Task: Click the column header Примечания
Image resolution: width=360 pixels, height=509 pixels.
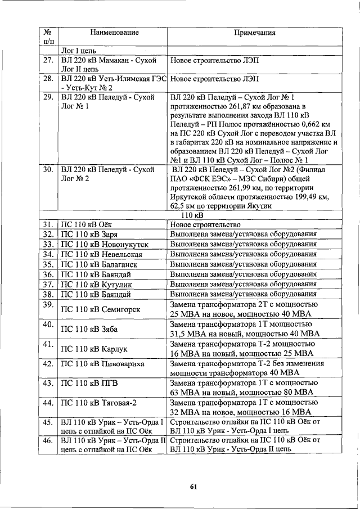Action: pyautogui.click(x=254, y=33)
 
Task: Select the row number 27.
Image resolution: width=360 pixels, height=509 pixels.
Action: pyautogui.click(x=48, y=60)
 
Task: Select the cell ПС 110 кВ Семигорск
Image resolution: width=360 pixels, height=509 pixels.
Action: pyautogui.click(x=101, y=309)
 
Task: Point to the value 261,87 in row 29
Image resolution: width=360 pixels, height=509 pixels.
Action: pyautogui.click(x=233, y=107)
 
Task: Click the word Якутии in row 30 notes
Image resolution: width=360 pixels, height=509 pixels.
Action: pyautogui.click(x=259, y=206)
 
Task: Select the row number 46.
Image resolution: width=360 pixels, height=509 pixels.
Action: pyautogui.click(x=48, y=440)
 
